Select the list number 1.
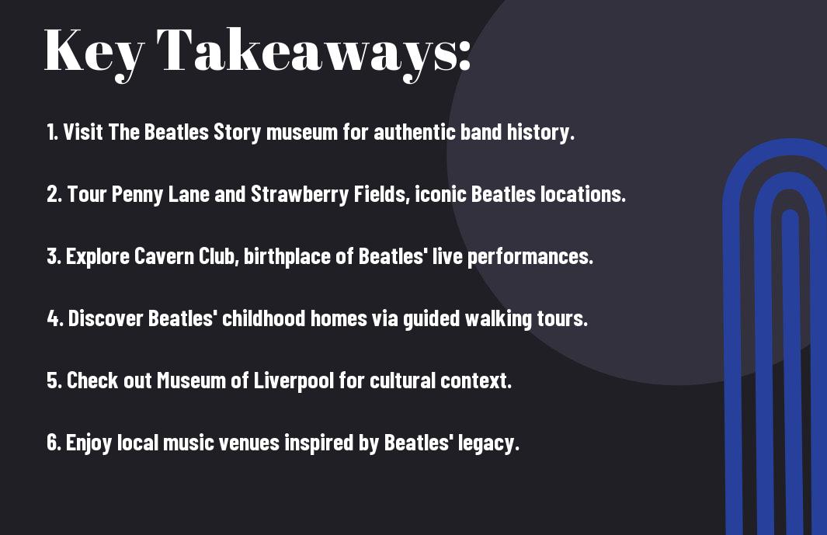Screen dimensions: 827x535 (52, 132)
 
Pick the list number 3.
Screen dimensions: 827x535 (54, 256)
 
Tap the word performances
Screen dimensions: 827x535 (530, 257)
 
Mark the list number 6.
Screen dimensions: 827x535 (54, 443)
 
